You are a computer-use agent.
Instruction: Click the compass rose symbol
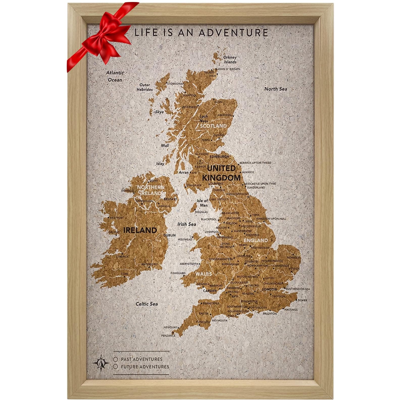(x=101, y=363)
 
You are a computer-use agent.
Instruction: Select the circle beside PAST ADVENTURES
(x=116, y=359)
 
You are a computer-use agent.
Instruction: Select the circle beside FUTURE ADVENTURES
(x=116, y=366)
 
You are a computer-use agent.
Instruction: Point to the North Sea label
(x=276, y=89)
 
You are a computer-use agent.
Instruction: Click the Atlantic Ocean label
(x=115, y=76)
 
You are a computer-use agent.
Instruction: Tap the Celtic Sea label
(x=147, y=304)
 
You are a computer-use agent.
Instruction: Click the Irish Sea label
(x=187, y=224)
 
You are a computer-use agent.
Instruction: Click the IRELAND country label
(x=140, y=230)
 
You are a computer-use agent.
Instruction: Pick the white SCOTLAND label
(x=213, y=126)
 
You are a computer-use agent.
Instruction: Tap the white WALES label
(x=204, y=274)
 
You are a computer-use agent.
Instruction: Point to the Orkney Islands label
(x=230, y=60)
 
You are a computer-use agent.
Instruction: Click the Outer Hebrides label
(x=145, y=87)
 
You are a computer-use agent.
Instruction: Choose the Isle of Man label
(x=202, y=203)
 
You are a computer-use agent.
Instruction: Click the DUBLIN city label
(x=170, y=235)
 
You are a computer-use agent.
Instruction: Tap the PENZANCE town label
(x=168, y=336)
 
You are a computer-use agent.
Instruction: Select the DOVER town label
(x=302, y=300)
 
